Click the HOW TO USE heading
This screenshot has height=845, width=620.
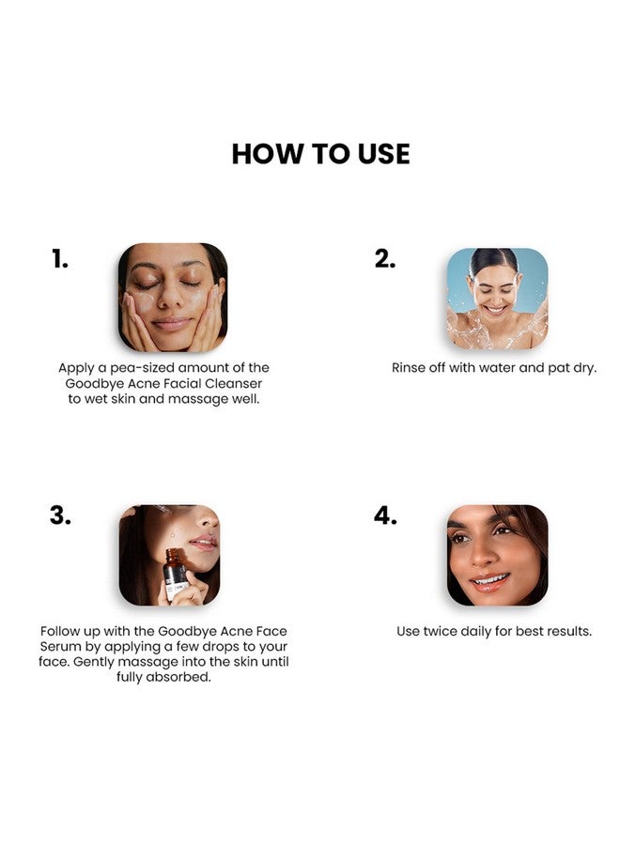pos(320,153)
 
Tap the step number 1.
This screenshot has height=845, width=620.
pos(60,260)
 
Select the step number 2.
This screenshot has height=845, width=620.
pos(384,260)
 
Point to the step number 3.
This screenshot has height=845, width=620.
pos(60,515)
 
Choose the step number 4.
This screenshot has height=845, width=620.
pos(385,515)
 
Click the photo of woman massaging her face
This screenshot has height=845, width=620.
pos(173,298)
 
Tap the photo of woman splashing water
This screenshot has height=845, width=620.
pos(497,298)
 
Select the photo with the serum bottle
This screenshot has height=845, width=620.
pos(170,555)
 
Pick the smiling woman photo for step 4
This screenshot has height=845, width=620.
pos(497,555)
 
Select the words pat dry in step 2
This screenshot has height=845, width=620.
pos(570,368)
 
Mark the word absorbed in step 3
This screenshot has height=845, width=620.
pos(178,677)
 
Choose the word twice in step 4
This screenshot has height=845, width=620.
pos(441,631)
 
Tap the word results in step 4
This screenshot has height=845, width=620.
pos(566,631)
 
